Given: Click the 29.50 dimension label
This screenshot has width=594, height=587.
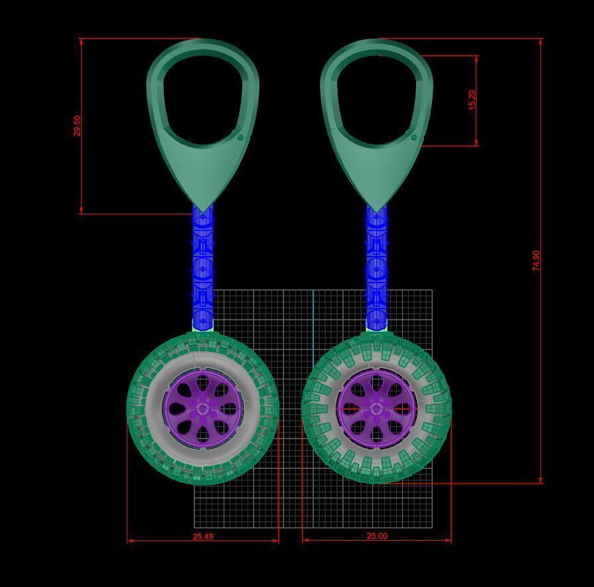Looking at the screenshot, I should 77,126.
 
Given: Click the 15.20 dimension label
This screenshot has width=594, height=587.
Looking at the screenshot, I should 472,100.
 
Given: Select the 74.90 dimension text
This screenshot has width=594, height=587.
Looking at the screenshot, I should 536,260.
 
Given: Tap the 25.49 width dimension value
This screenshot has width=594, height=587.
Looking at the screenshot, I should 203,536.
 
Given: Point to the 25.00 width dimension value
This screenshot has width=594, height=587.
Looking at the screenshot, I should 377,536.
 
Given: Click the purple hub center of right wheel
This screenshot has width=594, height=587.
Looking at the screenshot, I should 376,409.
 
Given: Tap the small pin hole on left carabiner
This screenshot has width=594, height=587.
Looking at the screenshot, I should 240,138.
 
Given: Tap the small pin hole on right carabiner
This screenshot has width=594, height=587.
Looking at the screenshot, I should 414,137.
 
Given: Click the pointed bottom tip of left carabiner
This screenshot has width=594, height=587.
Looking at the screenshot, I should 203,210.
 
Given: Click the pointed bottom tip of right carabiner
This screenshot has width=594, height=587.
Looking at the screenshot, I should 376,211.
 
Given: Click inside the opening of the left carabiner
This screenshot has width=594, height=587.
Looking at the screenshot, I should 202,99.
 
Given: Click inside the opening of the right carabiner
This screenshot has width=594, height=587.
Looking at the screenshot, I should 376,99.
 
